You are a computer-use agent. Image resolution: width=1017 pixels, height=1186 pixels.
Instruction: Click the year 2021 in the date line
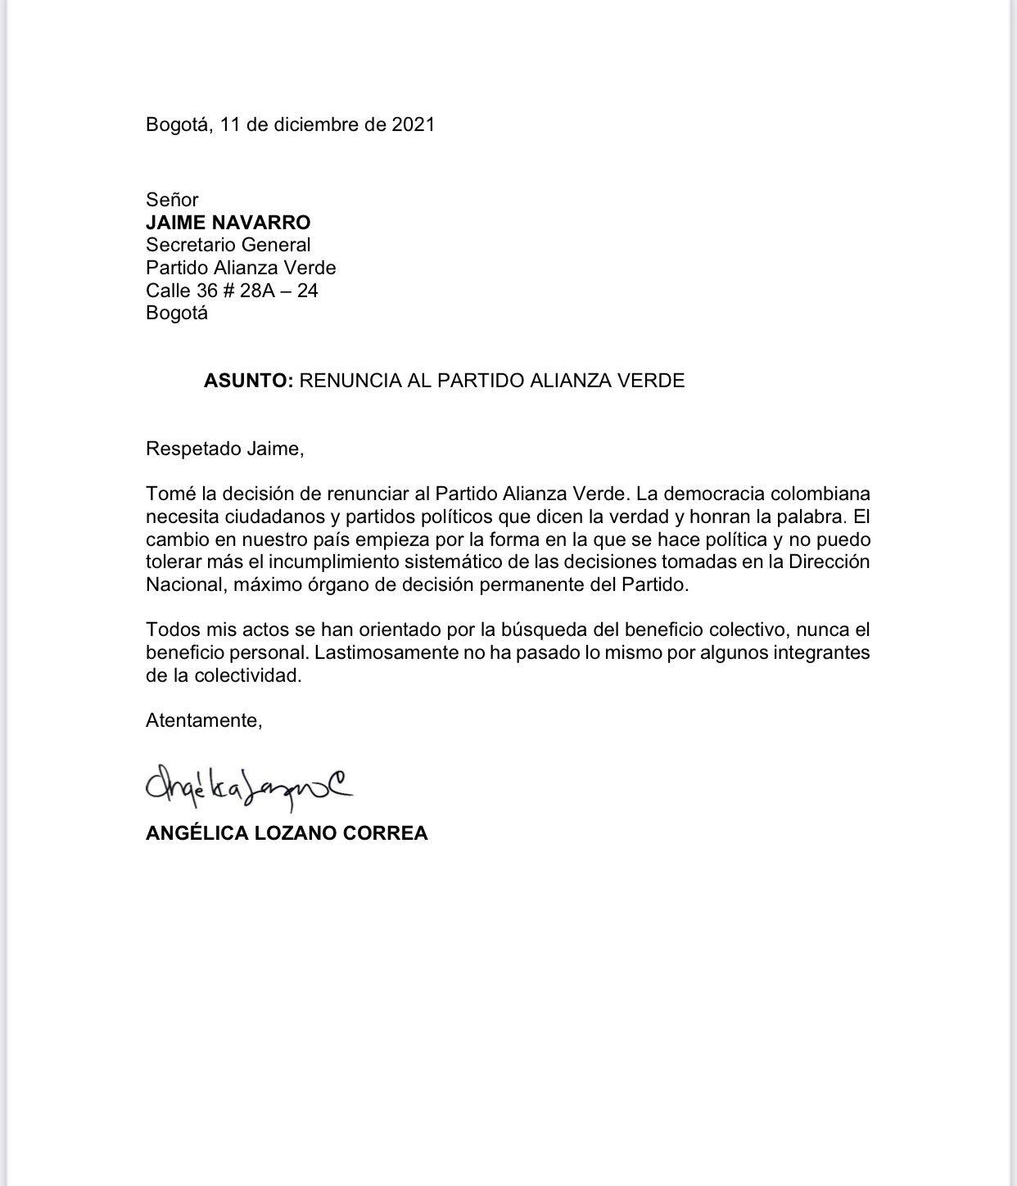pos(413,124)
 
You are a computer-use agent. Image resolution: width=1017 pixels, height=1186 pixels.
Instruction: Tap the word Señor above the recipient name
pos(172,200)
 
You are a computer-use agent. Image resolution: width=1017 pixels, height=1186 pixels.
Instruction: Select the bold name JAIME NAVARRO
pos(228,223)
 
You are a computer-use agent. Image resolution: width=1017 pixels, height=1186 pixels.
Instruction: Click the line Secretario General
pos(228,245)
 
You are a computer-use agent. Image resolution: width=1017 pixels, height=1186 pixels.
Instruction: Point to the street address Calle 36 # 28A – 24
pos(232,291)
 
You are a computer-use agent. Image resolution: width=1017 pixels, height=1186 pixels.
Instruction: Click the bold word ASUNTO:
pos(248,381)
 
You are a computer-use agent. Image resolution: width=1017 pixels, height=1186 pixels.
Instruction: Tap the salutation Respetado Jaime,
pos(224,449)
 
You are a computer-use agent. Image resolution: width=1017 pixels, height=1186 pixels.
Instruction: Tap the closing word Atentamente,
pos(204,721)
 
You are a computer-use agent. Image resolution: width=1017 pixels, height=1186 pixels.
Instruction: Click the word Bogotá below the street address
pos(177,313)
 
